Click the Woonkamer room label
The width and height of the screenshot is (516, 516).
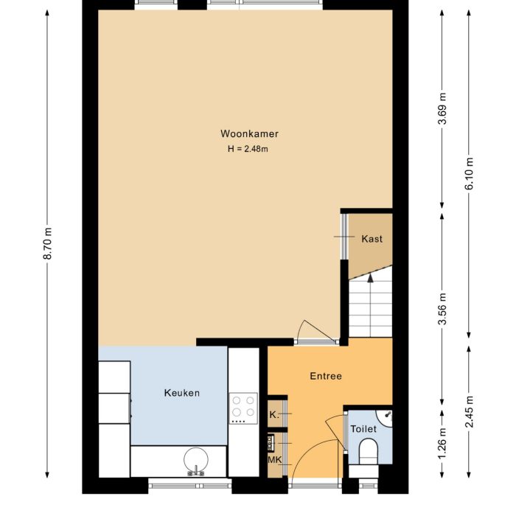(249, 134)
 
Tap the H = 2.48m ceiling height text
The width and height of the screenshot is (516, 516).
(248, 149)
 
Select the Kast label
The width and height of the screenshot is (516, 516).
(372, 239)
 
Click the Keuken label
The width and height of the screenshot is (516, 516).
(181, 393)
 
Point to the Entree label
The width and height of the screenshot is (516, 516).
(325, 376)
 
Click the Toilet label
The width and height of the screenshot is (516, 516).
(363, 429)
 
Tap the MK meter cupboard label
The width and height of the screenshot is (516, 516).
(274, 461)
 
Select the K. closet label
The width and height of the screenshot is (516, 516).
(273, 415)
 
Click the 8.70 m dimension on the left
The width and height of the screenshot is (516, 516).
(48, 243)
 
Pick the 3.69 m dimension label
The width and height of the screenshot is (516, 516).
(442, 109)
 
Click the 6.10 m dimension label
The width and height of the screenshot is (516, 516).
(470, 174)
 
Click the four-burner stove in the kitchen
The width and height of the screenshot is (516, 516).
(243, 408)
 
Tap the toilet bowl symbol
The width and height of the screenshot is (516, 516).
(366, 451)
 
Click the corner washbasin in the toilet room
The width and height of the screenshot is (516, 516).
(386, 416)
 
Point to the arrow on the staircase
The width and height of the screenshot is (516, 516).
(369, 280)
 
